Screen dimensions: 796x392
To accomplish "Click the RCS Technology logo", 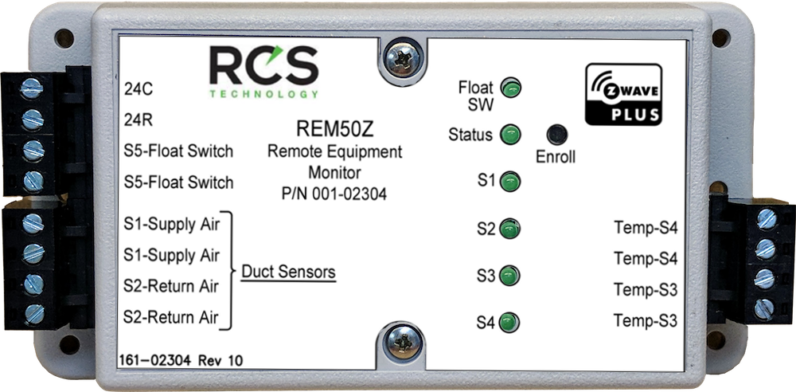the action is [x=264, y=71].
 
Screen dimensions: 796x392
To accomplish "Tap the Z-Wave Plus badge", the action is [x=623, y=94].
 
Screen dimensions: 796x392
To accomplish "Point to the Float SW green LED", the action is [x=511, y=88].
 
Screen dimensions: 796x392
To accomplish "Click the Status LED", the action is [x=510, y=135].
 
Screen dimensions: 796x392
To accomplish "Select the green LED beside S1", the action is [x=509, y=182].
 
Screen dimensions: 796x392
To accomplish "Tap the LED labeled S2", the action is [x=509, y=229].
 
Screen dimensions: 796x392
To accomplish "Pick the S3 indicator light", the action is [x=509, y=276].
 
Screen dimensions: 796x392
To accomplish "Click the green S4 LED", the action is [x=509, y=323].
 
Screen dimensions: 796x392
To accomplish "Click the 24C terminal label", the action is [x=139, y=89].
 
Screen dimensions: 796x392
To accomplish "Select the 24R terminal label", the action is [x=139, y=120].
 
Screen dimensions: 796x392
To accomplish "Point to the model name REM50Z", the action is [x=334, y=131].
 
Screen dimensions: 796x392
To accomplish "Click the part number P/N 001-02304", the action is [x=334, y=194].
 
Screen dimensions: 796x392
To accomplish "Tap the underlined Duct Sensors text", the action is [x=288, y=272].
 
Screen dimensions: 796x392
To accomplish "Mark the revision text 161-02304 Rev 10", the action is [x=180, y=360].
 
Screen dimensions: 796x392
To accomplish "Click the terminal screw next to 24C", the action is [x=32, y=89].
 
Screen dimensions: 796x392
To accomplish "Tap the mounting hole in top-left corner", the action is [x=64, y=38].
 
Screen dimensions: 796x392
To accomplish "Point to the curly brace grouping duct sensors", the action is [x=230, y=271].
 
